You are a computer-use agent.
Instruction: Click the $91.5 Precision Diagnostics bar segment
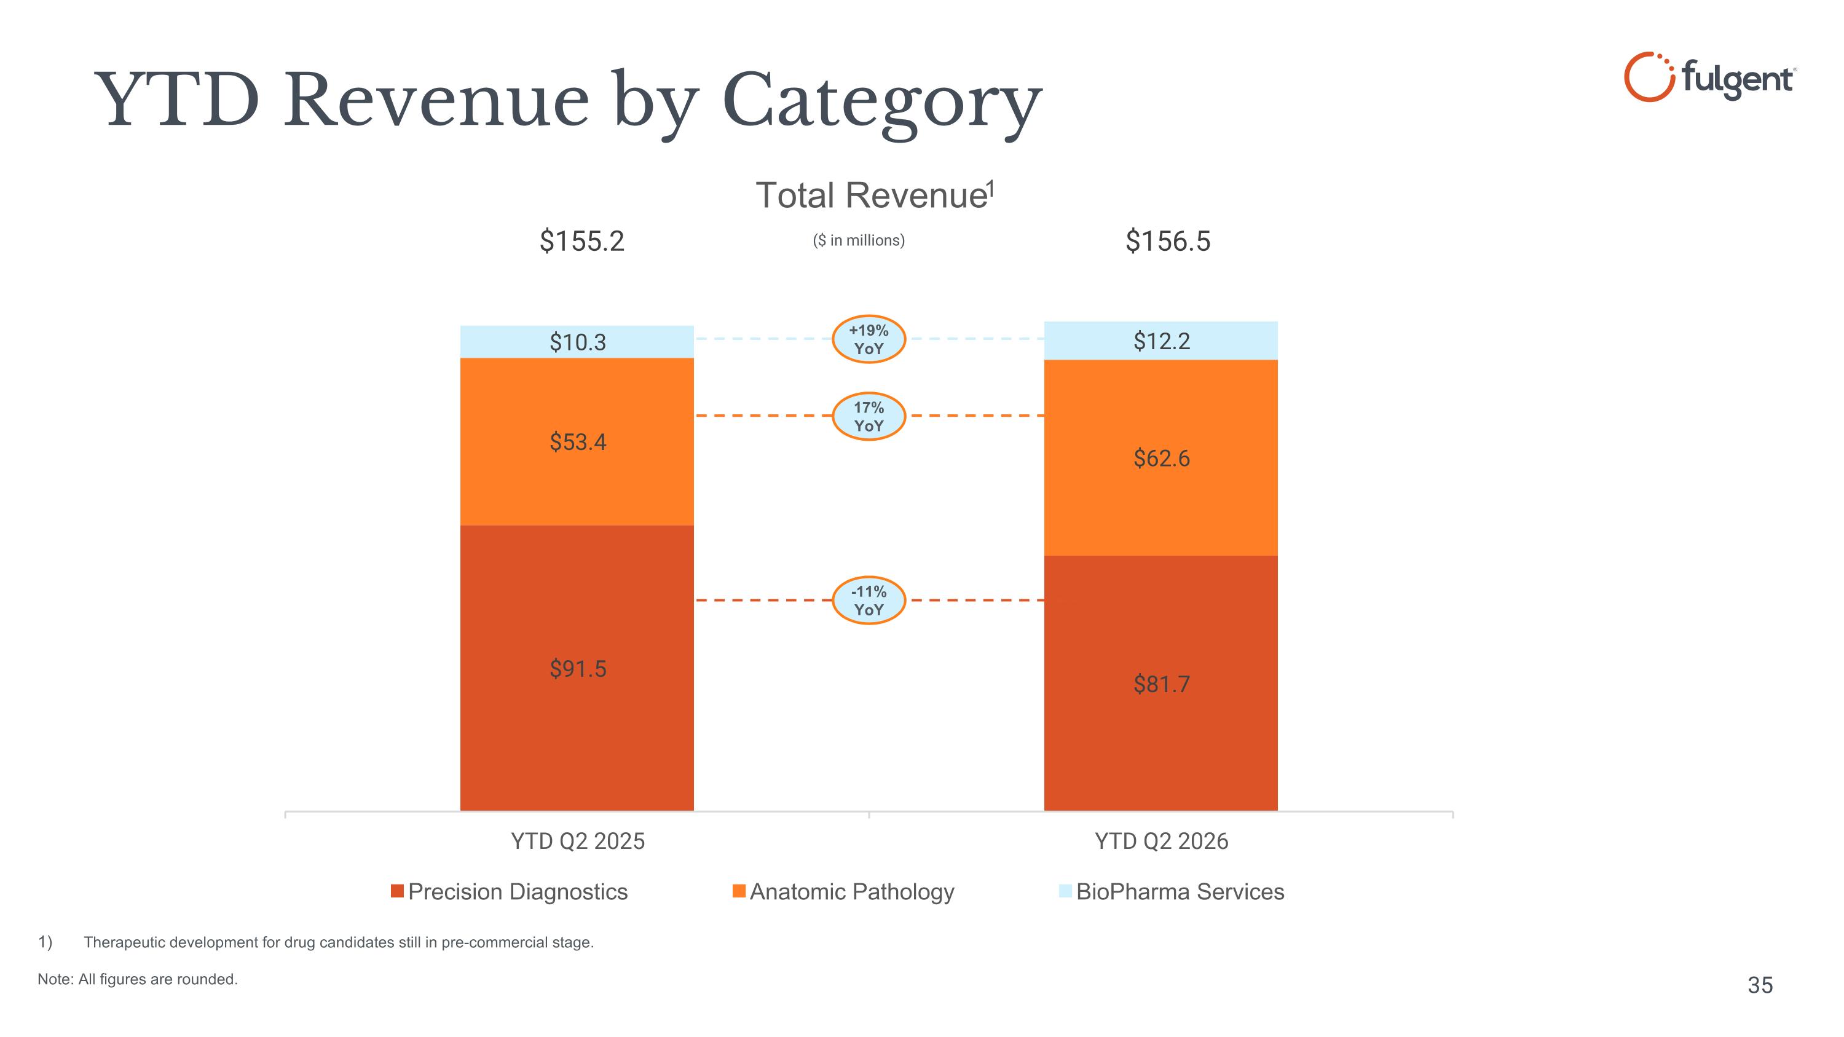click(x=577, y=668)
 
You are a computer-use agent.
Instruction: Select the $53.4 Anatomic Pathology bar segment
click(x=577, y=441)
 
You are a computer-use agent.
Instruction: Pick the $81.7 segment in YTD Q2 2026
click(x=1160, y=684)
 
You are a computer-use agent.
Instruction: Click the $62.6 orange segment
click(x=1160, y=457)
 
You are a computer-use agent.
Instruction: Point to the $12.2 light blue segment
click(x=1160, y=341)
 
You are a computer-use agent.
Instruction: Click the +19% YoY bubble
click(x=869, y=339)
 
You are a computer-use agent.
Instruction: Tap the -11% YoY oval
click(x=869, y=601)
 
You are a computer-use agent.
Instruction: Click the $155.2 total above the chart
click(x=582, y=241)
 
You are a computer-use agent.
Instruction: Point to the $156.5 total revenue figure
click(x=1167, y=241)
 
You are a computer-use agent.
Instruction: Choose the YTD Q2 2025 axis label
click(x=578, y=841)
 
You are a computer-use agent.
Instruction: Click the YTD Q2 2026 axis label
click(x=1161, y=841)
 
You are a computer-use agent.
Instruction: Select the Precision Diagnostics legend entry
click(x=509, y=892)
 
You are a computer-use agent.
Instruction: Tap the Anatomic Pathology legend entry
click(x=843, y=892)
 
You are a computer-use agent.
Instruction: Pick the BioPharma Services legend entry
click(x=1172, y=892)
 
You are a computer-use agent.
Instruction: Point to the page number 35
click(x=1760, y=985)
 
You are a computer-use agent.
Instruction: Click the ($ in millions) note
click(x=858, y=240)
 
